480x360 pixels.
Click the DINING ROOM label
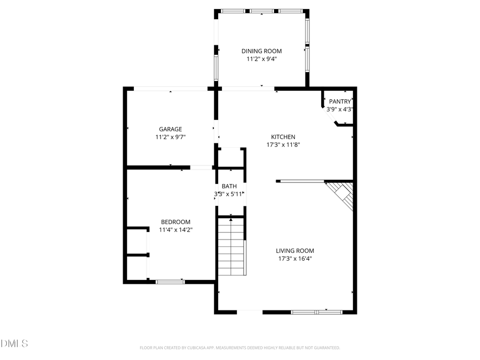(261, 51)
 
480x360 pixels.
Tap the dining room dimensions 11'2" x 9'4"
(261, 59)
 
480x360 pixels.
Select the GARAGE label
(170, 129)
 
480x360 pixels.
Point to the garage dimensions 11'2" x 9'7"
(170, 137)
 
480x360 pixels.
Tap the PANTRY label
(340, 101)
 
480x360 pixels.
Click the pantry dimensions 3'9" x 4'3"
(340, 109)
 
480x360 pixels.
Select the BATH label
(229, 186)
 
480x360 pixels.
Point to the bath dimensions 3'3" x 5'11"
(229, 194)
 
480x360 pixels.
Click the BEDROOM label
(175, 222)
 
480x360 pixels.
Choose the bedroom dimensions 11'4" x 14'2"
(175, 230)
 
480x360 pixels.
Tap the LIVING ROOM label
(294, 251)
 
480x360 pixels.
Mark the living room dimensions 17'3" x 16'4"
(294, 259)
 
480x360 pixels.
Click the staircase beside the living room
(231, 248)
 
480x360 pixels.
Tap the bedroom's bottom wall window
(170, 281)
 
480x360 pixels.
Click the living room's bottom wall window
(317, 311)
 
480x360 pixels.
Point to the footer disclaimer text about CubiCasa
(239, 348)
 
